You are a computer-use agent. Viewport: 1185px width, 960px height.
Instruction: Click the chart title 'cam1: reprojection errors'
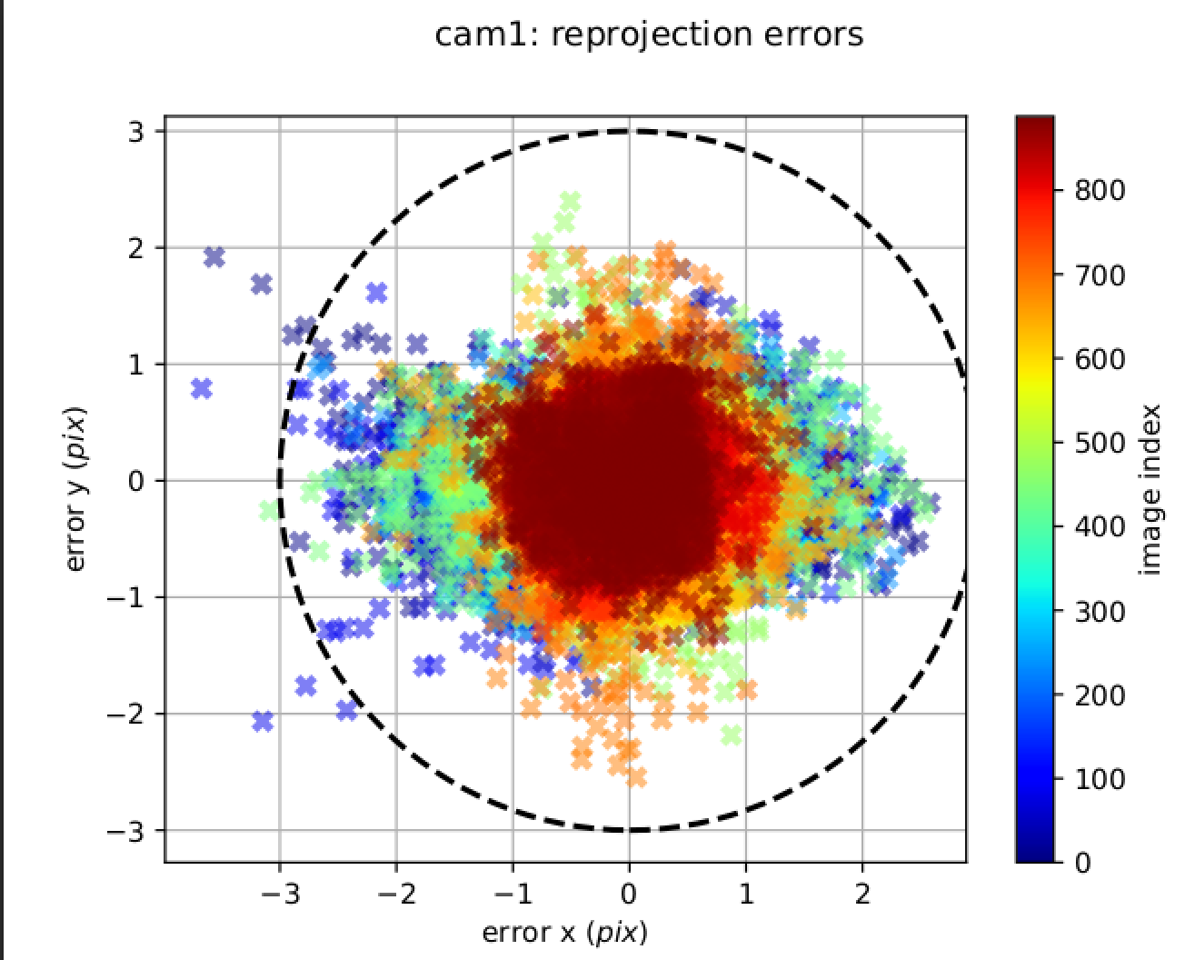point(648,35)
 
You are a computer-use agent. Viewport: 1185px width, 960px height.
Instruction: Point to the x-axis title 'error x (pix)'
point(564,932)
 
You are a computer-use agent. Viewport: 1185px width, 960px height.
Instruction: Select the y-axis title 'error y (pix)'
point(77,489)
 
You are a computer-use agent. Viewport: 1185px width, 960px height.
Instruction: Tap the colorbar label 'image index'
point(1150,489)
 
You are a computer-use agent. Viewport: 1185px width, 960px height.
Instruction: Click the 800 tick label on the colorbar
point(1100,191)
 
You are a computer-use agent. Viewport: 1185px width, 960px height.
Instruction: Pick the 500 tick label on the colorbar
point(1100,443)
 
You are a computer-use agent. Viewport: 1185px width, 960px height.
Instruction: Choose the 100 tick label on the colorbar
point(1100,779)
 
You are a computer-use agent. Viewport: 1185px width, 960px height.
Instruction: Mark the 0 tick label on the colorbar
point(1081,863)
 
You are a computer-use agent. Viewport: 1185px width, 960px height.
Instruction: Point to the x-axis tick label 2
point(862,895)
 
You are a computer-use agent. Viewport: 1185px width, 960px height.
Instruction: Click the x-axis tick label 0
point(629,895)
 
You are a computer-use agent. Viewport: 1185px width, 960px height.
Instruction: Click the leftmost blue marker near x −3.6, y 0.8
point(202,389)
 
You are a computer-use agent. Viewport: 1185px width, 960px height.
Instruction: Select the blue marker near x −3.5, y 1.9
point(214,257)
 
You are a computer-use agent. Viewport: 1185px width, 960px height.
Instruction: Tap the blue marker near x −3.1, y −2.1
point(263,722)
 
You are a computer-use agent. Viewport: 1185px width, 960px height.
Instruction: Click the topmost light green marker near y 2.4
point(570,201)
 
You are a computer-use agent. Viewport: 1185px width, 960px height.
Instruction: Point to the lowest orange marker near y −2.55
point(636,777)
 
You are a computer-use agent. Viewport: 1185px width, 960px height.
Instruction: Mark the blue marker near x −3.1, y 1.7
point(262,285)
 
